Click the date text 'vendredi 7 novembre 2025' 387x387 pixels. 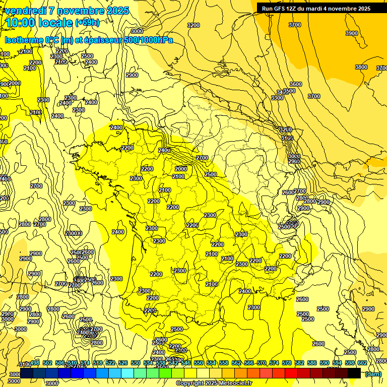point(67,11)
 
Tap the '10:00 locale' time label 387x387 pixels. point(39,23)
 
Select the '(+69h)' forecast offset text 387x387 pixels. point(87,23)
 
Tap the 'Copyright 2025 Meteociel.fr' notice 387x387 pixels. point(214,383)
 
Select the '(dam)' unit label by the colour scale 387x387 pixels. point(373,374)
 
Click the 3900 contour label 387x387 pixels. point(351,33)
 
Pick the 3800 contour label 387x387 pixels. point(361,67)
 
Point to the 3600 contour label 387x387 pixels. point(295,84)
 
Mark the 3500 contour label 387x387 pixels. point(289,91)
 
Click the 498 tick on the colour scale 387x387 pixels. point(35,363)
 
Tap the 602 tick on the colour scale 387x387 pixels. point(362,363)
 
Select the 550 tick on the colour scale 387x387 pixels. point(199,363)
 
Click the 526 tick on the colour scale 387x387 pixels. point(123,363)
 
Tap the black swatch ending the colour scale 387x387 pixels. point(354,373)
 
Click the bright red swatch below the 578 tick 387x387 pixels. point(291,373)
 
